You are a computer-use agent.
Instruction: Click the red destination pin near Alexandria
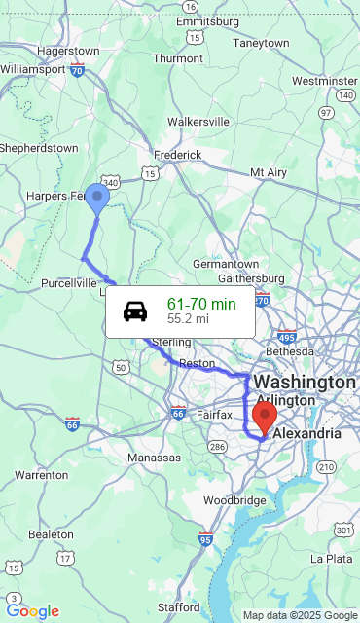(x=264, y=418)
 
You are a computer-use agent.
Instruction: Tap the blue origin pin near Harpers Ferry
(x=97, y=199)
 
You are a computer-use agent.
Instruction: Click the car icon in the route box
(x=135, y=311)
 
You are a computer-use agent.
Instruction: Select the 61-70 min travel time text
(x=201, y=304)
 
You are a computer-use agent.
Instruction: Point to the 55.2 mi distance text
(x=188, y=318)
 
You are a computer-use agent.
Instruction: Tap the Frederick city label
(x=177, y=155)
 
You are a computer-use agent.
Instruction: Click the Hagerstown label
(x=68, y=51)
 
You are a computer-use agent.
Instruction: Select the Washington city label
(x=305, y=381)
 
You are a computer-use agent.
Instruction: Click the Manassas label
(x=154, y=458)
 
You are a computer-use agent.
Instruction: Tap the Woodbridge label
(x=235, y=500)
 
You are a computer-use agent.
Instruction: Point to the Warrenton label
(x=41, y=475)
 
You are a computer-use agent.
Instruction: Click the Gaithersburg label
(x=251, y=278)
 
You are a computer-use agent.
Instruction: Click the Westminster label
(x=324, y=81)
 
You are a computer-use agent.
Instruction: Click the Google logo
(x=33, y=611)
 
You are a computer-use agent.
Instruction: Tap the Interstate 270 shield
(x=262, y=301)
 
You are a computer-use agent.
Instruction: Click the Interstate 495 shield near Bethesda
(x=287, y=336)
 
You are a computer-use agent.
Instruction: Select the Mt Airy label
(x=269, y=172)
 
